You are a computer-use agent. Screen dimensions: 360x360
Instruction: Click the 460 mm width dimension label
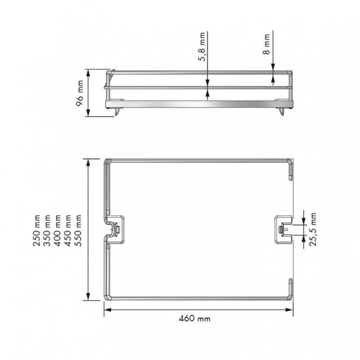[x=194, y=319]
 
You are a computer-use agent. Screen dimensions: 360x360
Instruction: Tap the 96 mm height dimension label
[x=80, y=93]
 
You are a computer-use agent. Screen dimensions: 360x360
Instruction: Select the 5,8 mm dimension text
[x=201, y=47]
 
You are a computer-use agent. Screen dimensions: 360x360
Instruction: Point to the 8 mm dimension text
[x=266, y=44]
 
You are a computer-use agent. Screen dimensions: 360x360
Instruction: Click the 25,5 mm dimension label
[x=313, y=229]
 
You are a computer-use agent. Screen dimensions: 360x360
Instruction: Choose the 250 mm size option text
[x=37, y=230]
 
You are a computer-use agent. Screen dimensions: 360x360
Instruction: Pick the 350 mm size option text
[x=47, y=230]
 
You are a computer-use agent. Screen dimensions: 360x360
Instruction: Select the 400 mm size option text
[x=57, y=230]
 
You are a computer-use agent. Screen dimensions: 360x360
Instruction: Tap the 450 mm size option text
[x=67, y=230]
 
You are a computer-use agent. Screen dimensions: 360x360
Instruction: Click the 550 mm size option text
[x=78, y=230]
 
